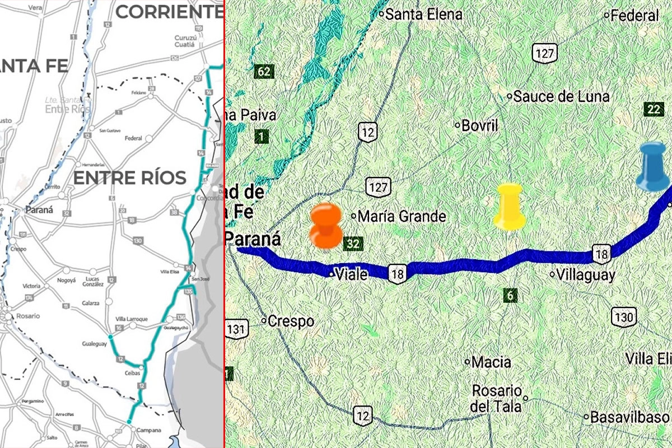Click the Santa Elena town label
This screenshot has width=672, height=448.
point(424,15)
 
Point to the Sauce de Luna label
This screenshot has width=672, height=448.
point(561,96)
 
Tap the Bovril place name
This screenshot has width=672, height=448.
point(479,125)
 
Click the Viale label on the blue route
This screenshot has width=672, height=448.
point(351,274)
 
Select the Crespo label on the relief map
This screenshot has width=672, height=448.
point(291,321)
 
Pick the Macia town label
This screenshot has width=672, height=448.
point(491,362)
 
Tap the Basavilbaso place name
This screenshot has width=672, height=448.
point(629,417)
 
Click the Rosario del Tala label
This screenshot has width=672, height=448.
point(497,398)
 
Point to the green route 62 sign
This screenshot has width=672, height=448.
point(264,71)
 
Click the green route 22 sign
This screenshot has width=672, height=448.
point(654,109)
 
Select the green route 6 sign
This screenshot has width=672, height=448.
point(510,295)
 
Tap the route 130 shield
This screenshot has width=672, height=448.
point(623,318)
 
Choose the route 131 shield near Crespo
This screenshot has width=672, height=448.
point(237,328)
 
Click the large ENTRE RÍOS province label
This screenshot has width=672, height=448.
point(130,178)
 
